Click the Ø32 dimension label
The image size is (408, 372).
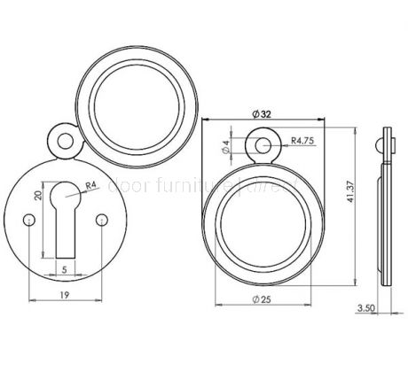point(261,115)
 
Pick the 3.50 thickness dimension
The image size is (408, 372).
point(366,309)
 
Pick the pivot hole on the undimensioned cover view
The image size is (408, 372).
point(59,137)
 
